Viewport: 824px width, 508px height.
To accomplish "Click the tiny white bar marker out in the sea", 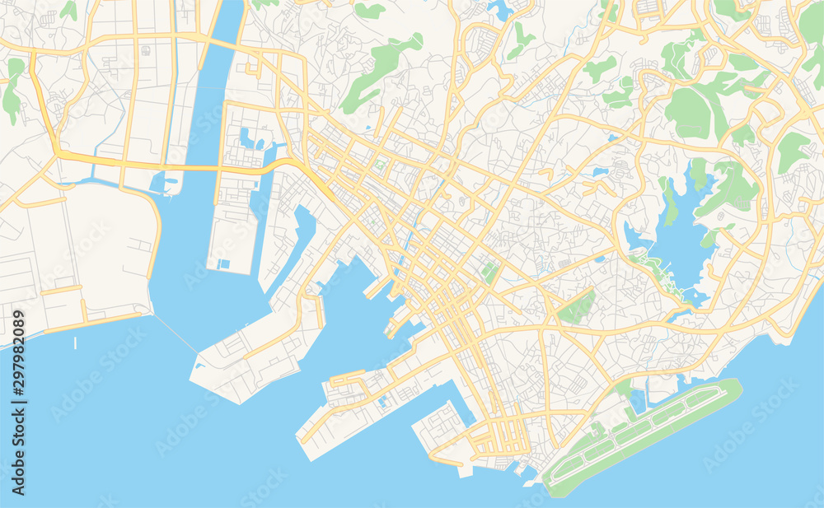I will [x=75, y=343].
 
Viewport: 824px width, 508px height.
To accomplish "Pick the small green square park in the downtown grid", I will [x=379, y=165].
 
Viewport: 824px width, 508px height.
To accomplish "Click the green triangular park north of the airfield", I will [x=577, y=308].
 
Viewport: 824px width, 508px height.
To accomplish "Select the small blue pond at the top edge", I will [x=499, y=10].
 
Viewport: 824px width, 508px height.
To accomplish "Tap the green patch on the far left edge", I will [x=12, y=91].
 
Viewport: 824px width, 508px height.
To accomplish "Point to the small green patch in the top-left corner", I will [x=68, y=10].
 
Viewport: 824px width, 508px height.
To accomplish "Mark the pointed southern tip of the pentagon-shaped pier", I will [x=238, y=403].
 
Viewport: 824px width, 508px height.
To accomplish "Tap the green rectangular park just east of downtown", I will [x=491, y=272].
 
